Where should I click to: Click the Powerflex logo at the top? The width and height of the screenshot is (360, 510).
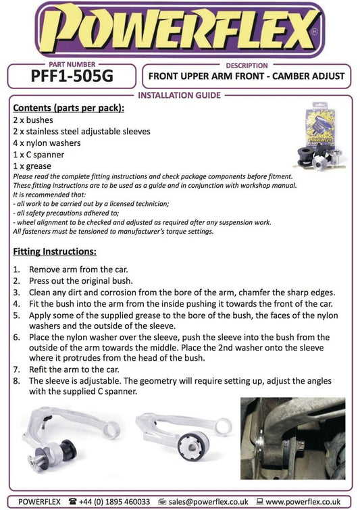(x=180, y=30)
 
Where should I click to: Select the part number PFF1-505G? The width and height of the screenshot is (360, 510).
(x=72, y=76)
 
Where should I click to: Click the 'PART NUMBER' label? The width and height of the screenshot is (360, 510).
(x=72, y=64)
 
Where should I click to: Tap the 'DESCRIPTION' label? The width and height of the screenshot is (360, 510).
(x=247, y=66)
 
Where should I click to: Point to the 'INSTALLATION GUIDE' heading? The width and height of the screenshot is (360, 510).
(x=179, y=95)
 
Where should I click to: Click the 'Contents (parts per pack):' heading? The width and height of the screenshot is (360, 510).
(x=69, y=108)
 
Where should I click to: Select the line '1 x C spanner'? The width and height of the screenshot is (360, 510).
(x=38, y=155)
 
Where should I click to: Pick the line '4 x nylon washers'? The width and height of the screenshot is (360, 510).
(x=47, y=143)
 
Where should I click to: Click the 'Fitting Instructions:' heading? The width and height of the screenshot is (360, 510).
(x=55, y=251)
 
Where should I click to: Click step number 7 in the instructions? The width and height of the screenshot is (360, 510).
(x=17, y=369)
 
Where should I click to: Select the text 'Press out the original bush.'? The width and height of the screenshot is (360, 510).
(x=81, y=281)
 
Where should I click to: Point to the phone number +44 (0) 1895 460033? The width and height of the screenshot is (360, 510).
(x=114, y=502)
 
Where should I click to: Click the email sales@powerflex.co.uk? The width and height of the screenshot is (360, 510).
(x=208, y=502)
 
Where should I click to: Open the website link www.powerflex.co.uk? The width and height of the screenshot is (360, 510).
(x=303, y=502)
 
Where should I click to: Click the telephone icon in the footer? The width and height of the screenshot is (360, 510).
(x=73, y=501)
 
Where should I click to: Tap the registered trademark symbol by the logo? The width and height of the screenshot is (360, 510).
(x=314, y=32)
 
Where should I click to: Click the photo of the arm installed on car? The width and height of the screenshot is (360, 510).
(x=292, y=438)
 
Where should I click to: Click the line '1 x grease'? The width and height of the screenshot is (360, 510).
(x=32, y=166)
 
